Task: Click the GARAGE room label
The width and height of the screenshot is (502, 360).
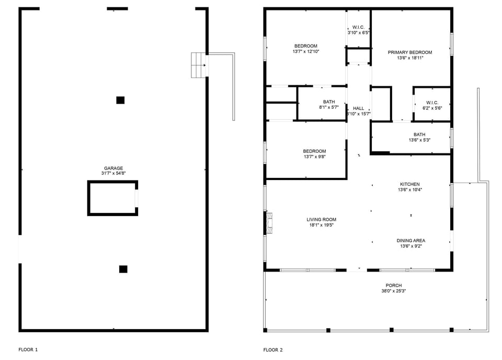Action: (x=113, y=168)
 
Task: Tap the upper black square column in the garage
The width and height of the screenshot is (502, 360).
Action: (x=120, y=100)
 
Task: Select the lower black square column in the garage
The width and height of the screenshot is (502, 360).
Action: (x=123, y=269)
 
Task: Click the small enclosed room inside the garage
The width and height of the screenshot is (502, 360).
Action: (x=112, y=198)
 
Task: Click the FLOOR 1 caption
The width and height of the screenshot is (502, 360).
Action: (x=28, y=350)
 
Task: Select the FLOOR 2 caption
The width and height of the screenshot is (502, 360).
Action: (x=273, y=350)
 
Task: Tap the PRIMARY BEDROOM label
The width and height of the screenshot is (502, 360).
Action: (x=409, y=52)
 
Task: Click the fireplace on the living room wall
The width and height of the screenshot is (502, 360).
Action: (x=269, y=222)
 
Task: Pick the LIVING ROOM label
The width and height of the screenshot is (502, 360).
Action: (x=321, y=220)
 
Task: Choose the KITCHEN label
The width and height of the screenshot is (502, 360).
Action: (x=409, y=184)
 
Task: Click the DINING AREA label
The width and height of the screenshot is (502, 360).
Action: (x=411, y=241)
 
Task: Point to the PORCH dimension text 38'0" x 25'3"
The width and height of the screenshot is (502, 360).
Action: (x=394, y=291)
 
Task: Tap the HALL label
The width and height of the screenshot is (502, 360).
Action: (x=359, y=108)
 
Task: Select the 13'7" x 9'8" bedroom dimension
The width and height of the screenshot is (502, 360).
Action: (x=315, y=157)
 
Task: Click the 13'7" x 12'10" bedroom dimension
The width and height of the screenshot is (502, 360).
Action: (x=306, y=52)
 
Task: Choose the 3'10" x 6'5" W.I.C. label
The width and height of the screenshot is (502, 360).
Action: (x=359, y=32)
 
